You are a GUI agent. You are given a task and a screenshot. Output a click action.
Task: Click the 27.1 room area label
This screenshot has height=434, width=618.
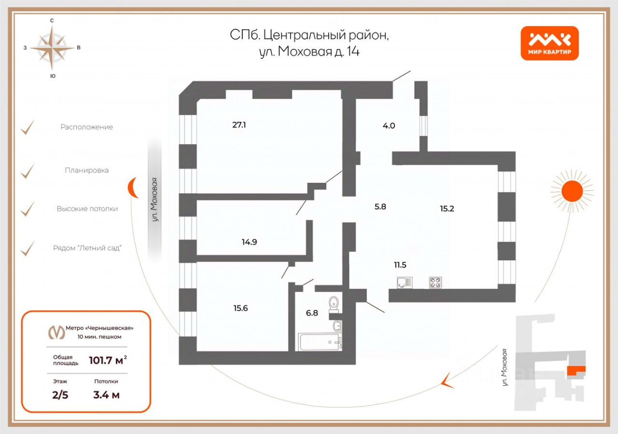[x=239, y=125]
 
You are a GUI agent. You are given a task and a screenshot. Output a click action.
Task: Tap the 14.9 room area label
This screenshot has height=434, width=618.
[x=249, y=242]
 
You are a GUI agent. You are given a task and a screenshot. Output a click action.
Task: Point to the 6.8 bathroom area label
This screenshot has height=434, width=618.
[x=312, y=312]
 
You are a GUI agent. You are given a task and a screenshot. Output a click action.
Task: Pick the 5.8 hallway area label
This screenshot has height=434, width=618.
[x=380, y=206]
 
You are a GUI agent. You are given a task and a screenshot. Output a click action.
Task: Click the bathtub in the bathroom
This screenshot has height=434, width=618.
[x=320, y=341]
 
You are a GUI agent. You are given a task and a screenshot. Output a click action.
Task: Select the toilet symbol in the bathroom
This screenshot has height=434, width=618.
[x=333, y=304]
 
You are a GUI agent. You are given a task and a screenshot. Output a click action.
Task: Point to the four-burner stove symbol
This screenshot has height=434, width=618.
[x=435, y=283]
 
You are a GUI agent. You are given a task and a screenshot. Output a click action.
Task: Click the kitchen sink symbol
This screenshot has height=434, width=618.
[x=404, y=283]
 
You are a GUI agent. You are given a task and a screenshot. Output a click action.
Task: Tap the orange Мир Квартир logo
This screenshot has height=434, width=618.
[x=549, y=43]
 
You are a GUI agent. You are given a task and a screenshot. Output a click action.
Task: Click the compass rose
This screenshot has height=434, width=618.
[x=52, y=47]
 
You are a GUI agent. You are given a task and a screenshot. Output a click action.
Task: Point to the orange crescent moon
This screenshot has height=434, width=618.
[x=132, y=187]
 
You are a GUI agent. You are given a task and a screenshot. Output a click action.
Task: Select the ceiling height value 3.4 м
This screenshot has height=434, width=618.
[x=106, y=395]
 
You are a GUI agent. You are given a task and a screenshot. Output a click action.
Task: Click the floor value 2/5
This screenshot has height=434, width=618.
[x=60, y=395]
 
